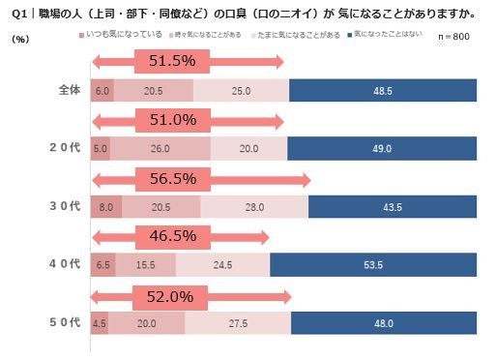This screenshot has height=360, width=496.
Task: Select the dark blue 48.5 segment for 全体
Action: [383, 90]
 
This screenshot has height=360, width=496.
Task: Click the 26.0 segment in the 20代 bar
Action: [160, 148]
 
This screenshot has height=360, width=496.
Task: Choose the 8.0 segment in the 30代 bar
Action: [105, 207]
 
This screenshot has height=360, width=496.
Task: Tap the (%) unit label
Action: [20, 39]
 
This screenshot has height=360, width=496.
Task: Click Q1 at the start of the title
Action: [16, 13]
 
